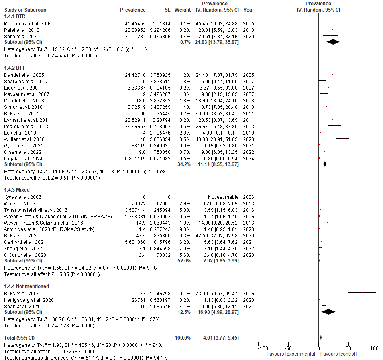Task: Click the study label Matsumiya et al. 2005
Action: click(x=28, y=23)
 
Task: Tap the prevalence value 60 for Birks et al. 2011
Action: click(x=143, y=114)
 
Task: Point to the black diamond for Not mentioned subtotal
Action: click(x=328, y=311)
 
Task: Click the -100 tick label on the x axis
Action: click(x=262, y=348)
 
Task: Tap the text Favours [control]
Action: click(x=339, y=354)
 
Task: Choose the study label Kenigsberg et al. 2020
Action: click(x=29, y=300)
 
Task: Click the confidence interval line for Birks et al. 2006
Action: click(x=362, y=293)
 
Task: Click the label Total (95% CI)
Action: click(x=19, y=337)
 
